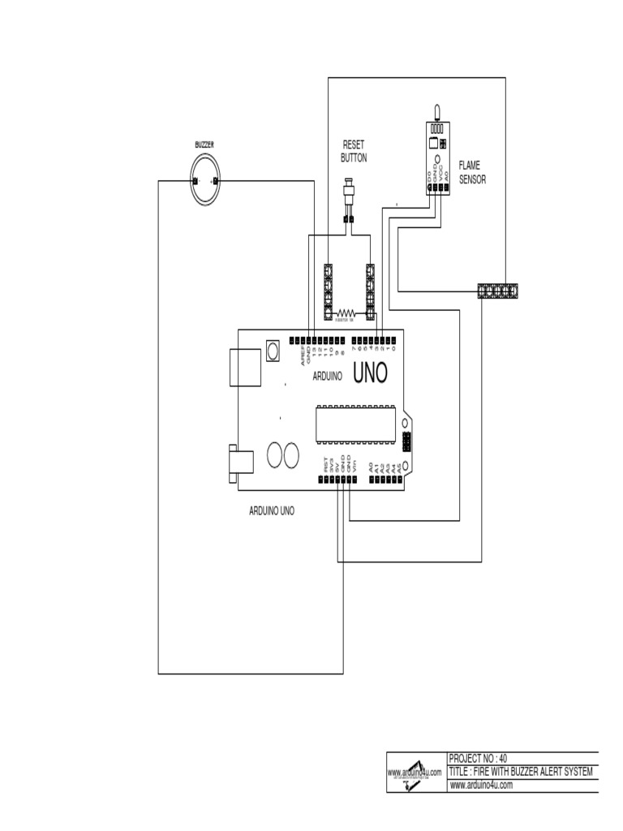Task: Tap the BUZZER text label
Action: coord(204,144)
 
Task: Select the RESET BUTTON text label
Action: coord(354,152)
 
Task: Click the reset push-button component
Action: coord(350,196)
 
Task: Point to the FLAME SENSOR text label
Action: coord(472,172)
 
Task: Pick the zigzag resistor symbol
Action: coord(348,312)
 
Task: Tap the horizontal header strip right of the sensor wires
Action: coord(498,291)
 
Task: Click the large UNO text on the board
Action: coord(371,372)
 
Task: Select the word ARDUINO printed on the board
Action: coord(326,377)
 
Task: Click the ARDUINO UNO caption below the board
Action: coord(271,512)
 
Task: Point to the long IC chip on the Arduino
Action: coord(356,424)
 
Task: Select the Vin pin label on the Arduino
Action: coord(354,467)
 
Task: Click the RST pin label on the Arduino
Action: coord(326,467)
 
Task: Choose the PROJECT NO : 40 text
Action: coord(478,758)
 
